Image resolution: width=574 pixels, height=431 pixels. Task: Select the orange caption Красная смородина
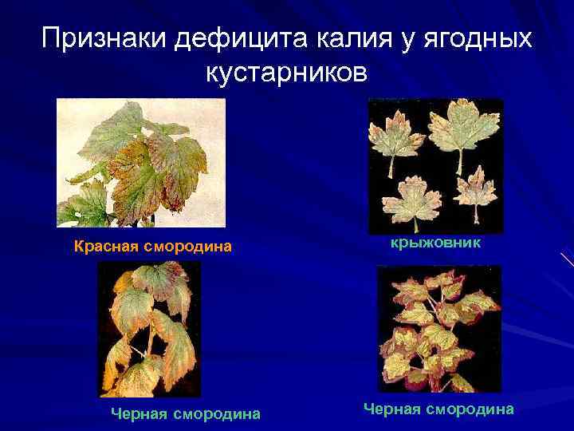coord(152,246)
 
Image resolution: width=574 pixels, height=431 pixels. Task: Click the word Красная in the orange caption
coord(106,246)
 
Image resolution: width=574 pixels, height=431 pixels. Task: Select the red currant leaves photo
coord(140,163)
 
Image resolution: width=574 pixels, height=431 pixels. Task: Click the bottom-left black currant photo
coord(148,329)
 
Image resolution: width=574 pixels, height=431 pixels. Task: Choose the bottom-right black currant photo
coord(439,329)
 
